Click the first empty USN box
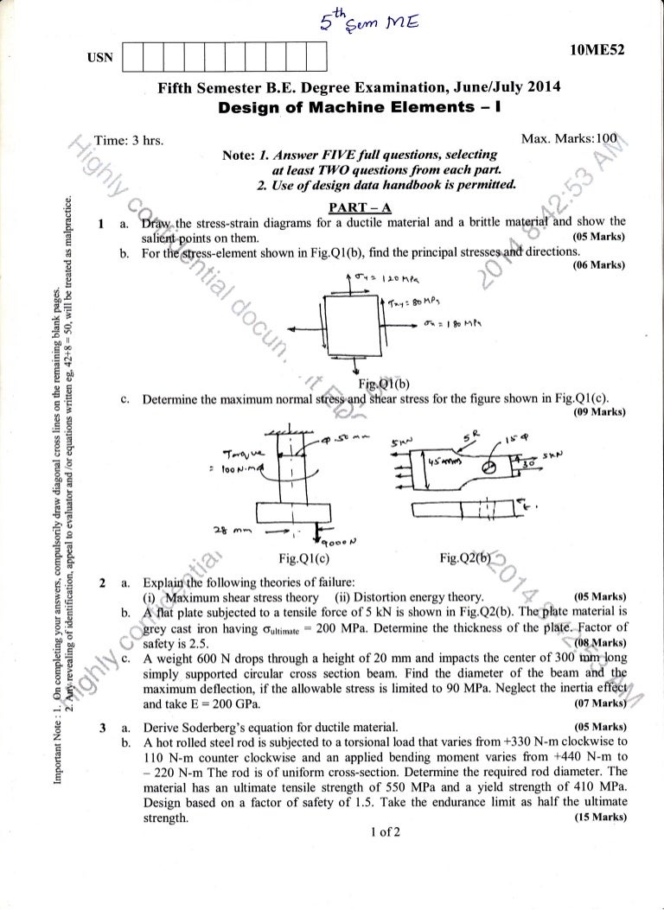click(134, 59)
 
